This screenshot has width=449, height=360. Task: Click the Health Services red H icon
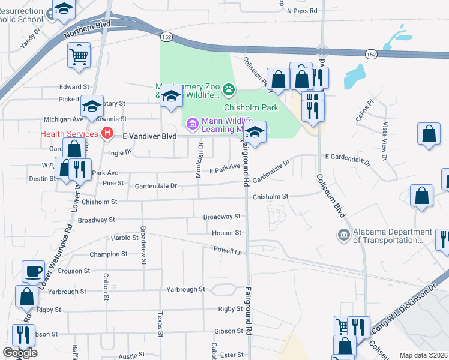pos(107,133)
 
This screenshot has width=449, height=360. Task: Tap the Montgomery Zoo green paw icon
pos(229,91)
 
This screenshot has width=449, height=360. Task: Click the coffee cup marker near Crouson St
pos(34,271)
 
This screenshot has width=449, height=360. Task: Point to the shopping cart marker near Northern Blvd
pos(79,56)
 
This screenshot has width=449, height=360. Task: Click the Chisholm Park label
pos(251,107)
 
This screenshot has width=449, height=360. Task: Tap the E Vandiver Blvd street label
pos(149,136)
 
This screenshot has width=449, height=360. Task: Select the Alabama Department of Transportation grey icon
pos(344,235)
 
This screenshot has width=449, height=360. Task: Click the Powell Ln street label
pos(228,251)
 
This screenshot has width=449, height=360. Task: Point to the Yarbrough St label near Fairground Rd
pos(185,289)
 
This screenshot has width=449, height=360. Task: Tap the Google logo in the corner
pos(20,353)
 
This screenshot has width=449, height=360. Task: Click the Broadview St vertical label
pos(143,245)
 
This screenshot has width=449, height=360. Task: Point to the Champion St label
pos(109,254)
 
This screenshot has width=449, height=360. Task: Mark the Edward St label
pos(74,87)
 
